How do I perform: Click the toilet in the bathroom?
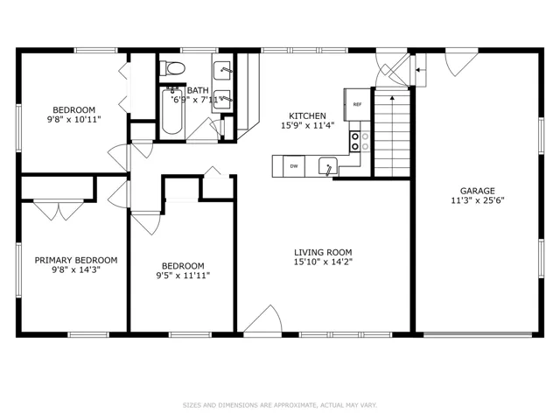click(x=172, y=68)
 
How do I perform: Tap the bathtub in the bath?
click(x=172, y=111)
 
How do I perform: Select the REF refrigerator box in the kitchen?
click(x=357, y=105)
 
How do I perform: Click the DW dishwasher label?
click(x=294, y=166)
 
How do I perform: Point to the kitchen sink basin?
click(x=328, y=165)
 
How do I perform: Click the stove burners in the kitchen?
click(x=355, y=141)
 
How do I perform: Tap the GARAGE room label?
click(x=477, y=191)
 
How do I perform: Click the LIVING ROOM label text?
click(x=323, y=252)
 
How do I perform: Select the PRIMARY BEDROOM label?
click(x=76, y=260)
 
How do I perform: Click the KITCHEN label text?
click(x=307, y=115)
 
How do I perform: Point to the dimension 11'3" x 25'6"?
click(x=477, y=200)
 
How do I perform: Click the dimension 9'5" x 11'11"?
click(x=183, y=276)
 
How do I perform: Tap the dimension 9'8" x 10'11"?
click(x=73, y=119)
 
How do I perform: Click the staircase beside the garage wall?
click(x=392, y=133)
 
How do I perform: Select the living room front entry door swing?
click(x=263, y=318)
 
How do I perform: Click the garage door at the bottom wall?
click(x=478, y=335)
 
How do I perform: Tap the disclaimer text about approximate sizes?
click(x=280, y=405)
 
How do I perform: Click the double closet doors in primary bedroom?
click(x=59, y=210)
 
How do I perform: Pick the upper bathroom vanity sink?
click(x=222, y=71)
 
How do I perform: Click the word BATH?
click(x=198, y=90)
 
